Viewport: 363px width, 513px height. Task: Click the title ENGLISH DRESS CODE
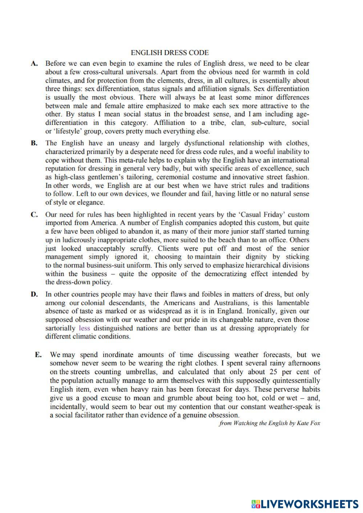[x=170, y=53]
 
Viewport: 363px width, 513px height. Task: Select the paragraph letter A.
[x=34, y=64]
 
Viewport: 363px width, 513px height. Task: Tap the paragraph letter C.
[x=34, y=215]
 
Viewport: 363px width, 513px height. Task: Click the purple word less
[x=84, y=328]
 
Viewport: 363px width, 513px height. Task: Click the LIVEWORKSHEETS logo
[x=304, y=504]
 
